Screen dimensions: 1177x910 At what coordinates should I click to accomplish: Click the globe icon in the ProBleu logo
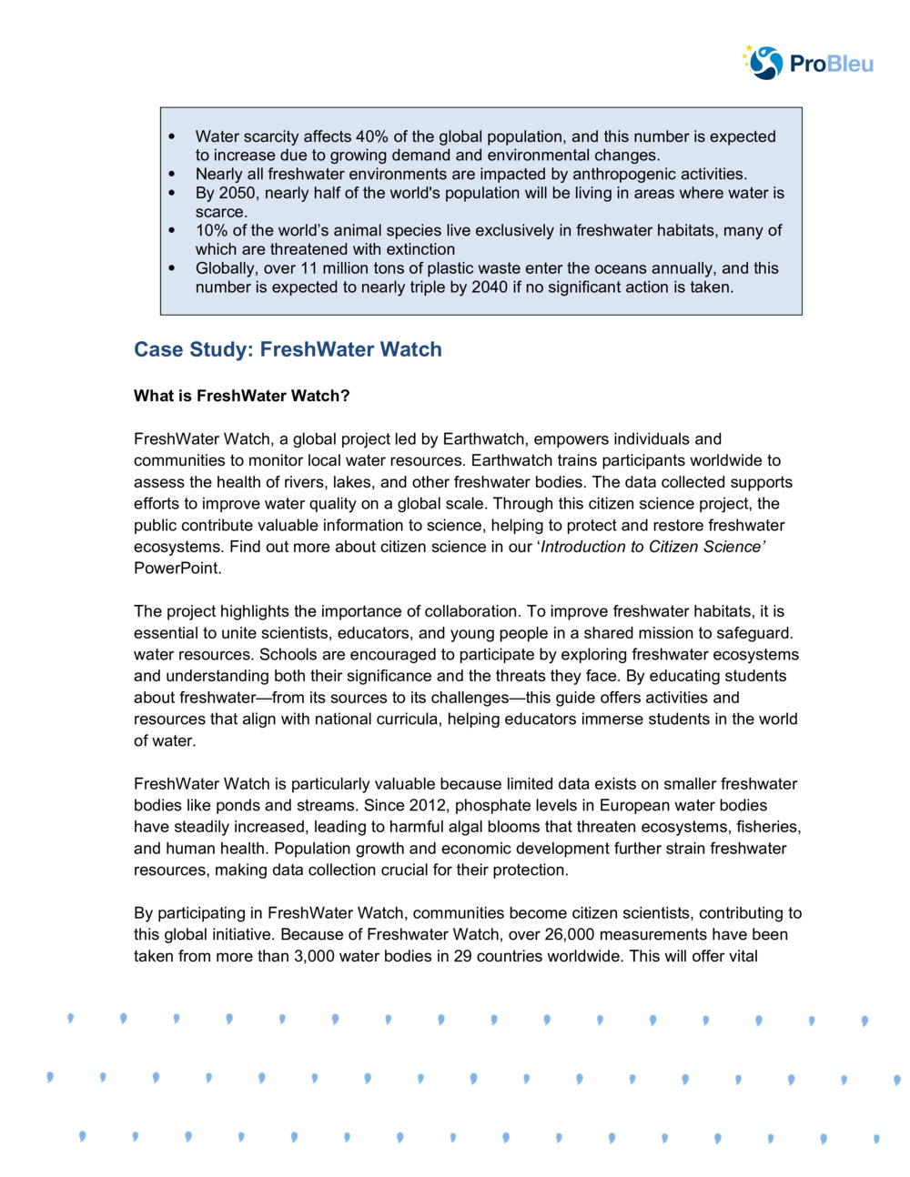click(764, 63)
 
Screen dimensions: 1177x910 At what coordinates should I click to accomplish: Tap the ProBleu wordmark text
click(831, 64)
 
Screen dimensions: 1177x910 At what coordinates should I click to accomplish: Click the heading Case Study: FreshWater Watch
click(288, 349)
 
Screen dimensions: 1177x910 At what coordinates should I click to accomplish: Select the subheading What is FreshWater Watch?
click(241, 396)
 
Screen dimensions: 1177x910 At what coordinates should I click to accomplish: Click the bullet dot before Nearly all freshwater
click(172, 174)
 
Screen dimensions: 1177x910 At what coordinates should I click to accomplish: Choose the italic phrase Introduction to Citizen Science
click(652, 547)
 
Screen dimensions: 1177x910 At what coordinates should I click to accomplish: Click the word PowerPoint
click(177, 568)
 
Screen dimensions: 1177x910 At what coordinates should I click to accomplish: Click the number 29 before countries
click(462, 956)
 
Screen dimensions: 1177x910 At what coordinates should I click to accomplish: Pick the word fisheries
click(767, 827)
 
